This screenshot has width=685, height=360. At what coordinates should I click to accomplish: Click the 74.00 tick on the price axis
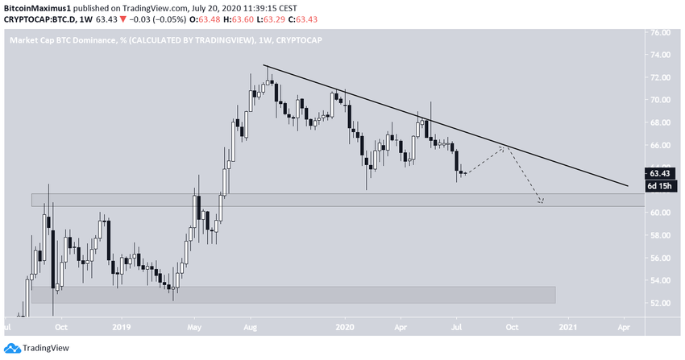tap(660, 55)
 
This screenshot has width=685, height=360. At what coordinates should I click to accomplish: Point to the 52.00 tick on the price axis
tap(660, 303)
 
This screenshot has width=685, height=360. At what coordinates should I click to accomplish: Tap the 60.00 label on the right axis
tap(660, 213)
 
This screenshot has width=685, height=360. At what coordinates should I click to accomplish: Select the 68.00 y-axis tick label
tap(660, 122)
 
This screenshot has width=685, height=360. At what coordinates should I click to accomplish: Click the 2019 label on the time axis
tap(122, 328)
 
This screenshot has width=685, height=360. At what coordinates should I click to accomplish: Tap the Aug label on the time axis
tap(251, 328)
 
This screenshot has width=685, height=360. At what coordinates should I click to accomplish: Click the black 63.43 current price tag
tap(660, 173)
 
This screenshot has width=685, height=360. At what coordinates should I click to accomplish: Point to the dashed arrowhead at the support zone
tap(542, 201)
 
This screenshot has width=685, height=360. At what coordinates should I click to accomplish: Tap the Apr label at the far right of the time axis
tap(623, 328)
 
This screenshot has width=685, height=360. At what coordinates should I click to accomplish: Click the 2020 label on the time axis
tap(344, 328)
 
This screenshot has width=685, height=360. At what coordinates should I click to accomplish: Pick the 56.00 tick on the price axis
tap(660, 258)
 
